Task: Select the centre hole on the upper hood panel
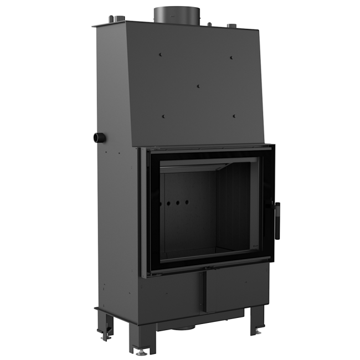coord(198,86)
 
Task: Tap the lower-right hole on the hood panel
coord(235,116)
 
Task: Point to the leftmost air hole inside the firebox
coord(164,204)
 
